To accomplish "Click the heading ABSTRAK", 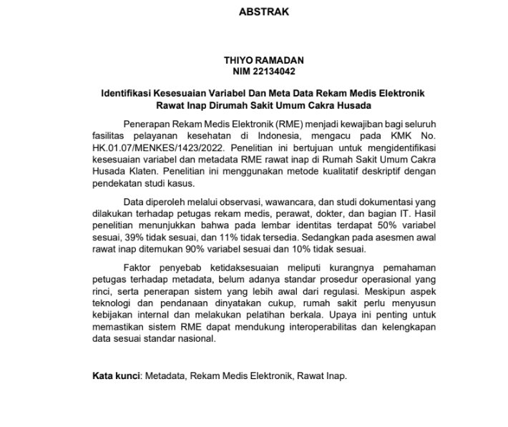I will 263,12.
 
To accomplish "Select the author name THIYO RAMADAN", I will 263,62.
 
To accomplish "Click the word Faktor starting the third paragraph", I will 139,268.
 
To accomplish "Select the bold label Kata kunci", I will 117,376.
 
